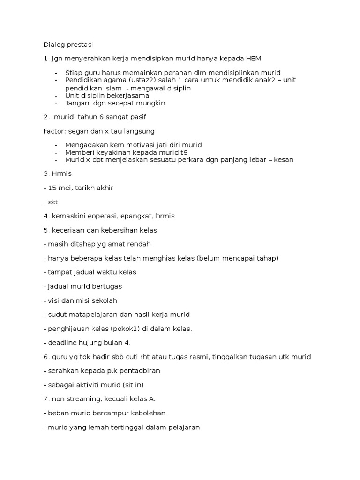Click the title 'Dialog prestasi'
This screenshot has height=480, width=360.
click(68, 45)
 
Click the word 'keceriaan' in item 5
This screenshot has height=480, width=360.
click(66, 230)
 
